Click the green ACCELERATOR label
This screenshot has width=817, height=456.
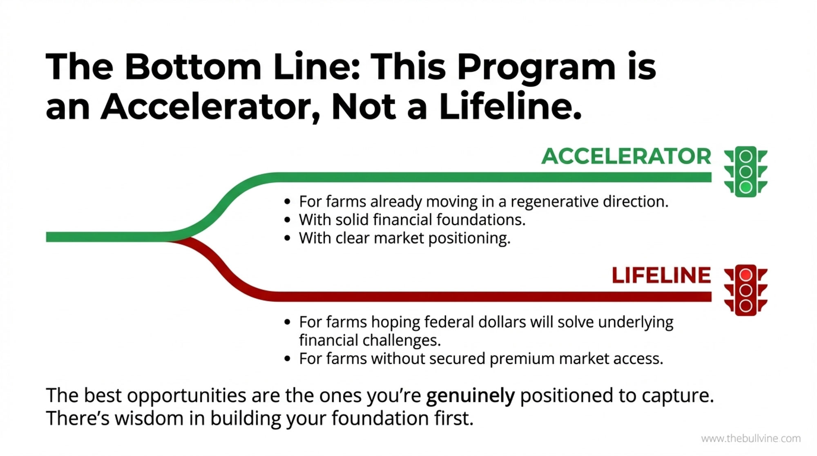626,156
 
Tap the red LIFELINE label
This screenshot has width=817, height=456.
661,275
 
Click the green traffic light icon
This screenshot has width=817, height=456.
746,172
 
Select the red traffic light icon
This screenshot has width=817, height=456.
746,290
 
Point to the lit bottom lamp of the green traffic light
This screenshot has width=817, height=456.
746,187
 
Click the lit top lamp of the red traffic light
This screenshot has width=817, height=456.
746,275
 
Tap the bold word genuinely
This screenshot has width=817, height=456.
470,396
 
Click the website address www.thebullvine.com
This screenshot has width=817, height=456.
751,439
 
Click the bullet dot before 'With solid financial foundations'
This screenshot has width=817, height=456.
288,220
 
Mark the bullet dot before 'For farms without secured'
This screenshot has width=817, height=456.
288,359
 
